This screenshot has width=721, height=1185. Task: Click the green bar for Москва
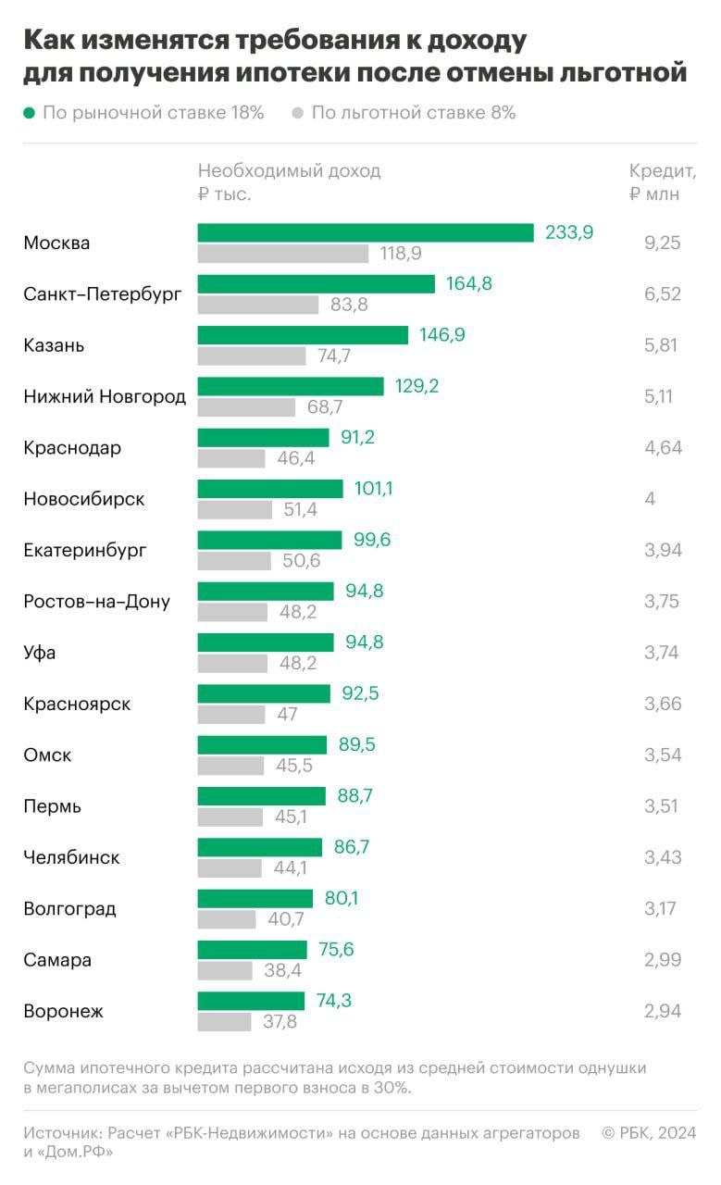tap(366, 232)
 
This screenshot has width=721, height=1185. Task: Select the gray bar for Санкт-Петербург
tap(257, 305)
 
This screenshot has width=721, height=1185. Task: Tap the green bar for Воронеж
tap(251, 1001)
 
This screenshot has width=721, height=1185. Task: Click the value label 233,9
tap(568, 232)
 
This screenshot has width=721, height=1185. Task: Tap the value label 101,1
tap(373, 489)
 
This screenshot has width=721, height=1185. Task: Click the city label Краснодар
tap(72, 448)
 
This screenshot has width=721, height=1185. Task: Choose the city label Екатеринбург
tap(85, 551)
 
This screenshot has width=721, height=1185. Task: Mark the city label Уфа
tap(40, 653)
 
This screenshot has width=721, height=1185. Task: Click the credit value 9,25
tap(662, 243)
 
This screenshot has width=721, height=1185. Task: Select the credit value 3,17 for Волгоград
tap(661, 908)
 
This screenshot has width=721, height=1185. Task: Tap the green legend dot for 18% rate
tap(29, 113)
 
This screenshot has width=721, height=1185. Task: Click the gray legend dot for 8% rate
tap(297, 113)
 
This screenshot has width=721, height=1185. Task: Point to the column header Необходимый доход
tap(289, 171)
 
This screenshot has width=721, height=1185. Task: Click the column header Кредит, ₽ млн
tap(662, 181)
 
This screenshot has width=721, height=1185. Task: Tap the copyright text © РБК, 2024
tap(649, 1133)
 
